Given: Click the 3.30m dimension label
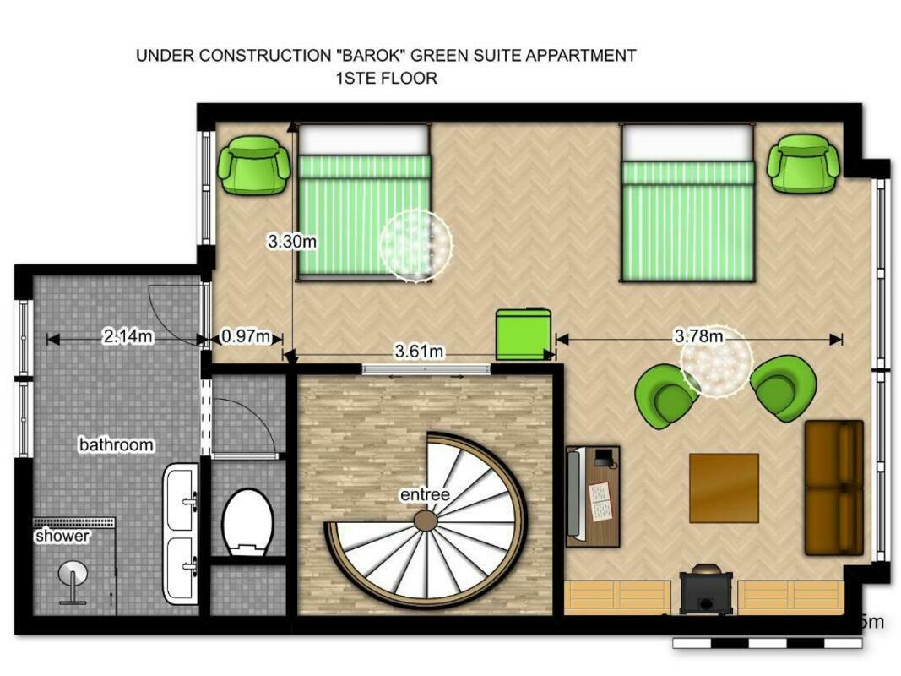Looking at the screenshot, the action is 292,242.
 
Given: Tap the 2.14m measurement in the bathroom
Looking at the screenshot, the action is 128,335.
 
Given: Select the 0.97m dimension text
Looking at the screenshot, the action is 246,335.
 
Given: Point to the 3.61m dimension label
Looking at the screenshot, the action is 419,351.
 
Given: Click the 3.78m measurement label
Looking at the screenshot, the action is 698,335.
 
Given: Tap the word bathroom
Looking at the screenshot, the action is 116,444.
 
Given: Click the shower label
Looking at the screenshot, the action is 62,536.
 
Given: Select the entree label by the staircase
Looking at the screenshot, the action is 425,494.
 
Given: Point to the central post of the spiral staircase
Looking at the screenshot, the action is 426,521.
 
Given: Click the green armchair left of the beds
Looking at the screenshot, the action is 253,166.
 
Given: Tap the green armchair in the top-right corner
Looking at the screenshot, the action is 803,163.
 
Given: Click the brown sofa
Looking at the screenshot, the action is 833,488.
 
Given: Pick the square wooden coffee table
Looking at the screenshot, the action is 724,488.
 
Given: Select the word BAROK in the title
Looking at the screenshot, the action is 371,56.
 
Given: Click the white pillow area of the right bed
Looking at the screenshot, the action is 687,144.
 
